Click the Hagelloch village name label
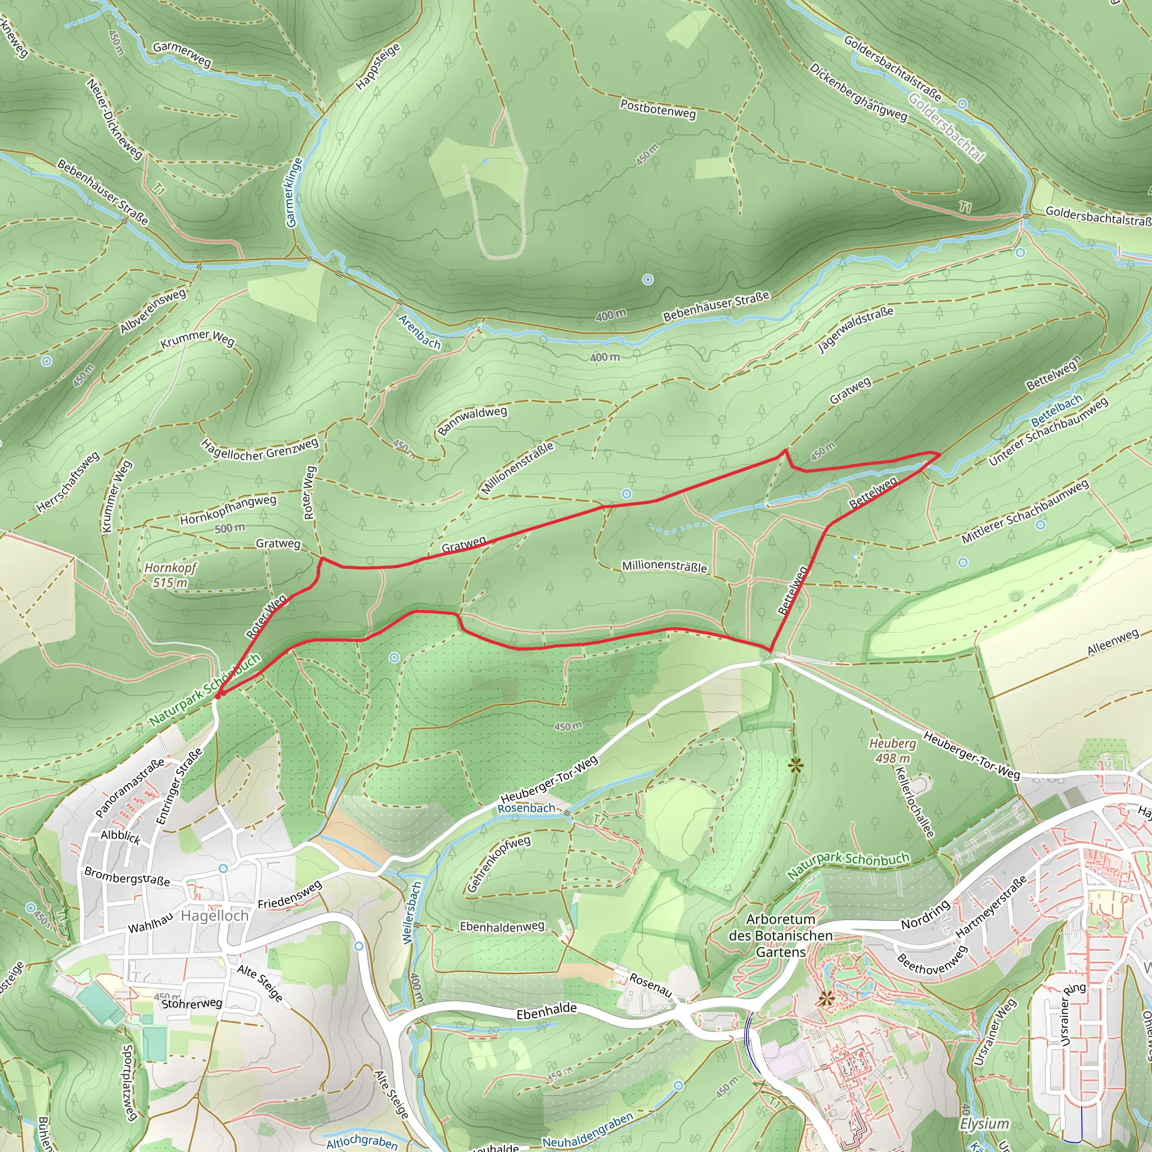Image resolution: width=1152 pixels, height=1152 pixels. pyautogui.click(x=214, y=915)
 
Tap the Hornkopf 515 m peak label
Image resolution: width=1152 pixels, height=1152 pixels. pyautogui.click(x=169, y=575)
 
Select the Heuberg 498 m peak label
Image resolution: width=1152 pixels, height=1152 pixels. pyautogui.click(x=892, y=751)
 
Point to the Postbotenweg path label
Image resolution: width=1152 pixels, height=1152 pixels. pyautogui.click(x=658, y=109)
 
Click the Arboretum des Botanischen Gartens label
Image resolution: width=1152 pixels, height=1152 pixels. pyautogui.click(x=781, y=935)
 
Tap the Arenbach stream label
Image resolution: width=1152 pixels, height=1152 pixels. pyautogui.click(x=419, y=331)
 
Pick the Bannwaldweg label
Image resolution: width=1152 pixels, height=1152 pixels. pyautogui.click(x=472, y=420)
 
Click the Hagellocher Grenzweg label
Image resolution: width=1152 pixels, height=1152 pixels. pyautogui.click(x=260, y=449)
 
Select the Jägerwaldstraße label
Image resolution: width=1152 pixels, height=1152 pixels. pyautogui.click(x=856, y=329)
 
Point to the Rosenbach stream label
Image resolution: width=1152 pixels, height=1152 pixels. pyautogui.click(x=526, y=808)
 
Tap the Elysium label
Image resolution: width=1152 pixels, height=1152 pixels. pyautogui.click(x=984, y=1124)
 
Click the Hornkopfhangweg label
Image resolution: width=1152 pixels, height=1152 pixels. pyautogui.click(x=228, y=510)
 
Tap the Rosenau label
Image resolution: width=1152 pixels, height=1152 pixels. pyautogui.click(x=651, y=985)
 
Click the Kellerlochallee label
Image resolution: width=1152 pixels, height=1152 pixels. pyautogui.click(x=913, y=802)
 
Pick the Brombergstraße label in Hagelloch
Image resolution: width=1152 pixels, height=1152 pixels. pyautogui.click(x=127, y=876)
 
